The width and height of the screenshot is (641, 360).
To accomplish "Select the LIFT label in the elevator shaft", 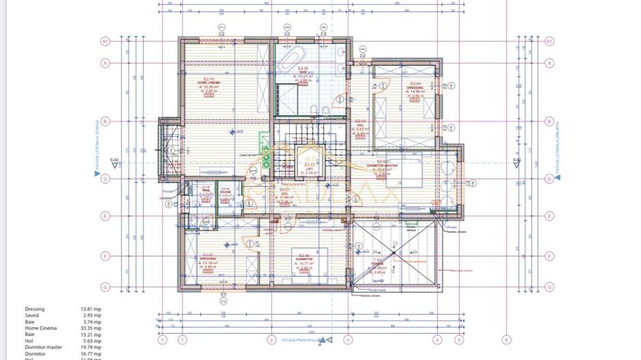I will tap(309, 168).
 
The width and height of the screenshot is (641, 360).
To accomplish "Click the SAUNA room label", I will tap(226, 192).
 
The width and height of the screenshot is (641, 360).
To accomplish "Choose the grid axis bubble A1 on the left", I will tap(106, 41).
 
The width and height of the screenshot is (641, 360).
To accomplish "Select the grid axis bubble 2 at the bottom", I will tap(271, 339).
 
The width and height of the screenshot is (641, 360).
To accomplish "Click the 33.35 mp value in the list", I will tap(91, 329).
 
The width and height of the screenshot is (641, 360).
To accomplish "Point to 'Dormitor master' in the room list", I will tap(43, 348).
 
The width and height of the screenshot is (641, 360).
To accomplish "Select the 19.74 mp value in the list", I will tap(91, 348).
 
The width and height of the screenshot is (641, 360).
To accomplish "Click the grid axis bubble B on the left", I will tap(106, 121).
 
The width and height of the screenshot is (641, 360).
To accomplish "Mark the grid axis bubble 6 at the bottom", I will tap(506, 339).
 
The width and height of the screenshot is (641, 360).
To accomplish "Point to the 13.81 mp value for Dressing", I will tap(91, 309).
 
